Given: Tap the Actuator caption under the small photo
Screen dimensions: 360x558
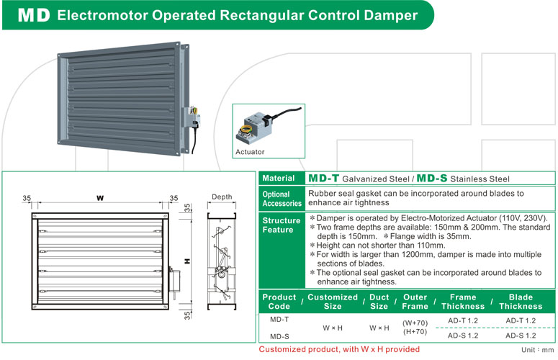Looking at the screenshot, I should tap(250, 152).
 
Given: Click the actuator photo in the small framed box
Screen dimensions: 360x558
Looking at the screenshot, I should tap(265, 127).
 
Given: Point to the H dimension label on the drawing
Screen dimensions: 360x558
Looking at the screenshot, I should tap(186, 260).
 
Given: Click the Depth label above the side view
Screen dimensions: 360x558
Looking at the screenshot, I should tap(222, 197).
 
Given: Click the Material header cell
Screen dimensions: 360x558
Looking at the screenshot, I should tap(278, 178).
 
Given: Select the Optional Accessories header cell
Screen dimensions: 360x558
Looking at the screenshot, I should tap(282, 199).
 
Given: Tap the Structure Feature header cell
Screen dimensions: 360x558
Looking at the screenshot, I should tap(282, 225).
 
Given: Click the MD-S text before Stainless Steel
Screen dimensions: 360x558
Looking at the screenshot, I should tap(431, 178).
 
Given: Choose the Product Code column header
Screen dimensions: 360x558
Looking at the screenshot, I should tap(279, 301).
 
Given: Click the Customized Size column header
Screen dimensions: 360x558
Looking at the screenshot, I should tap(333, 301).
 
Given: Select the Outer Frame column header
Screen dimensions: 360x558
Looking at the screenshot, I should tap(415, 301).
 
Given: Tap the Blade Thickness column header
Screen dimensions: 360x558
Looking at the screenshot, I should tap(521, 301).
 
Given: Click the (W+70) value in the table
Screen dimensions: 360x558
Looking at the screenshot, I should tap(415, 323).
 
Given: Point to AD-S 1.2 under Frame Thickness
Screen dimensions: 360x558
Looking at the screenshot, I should tap(463, 336).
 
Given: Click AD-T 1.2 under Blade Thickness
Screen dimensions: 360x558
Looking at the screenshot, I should tap(521, 320).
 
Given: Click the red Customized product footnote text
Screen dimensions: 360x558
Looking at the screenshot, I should tap(339, 349).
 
